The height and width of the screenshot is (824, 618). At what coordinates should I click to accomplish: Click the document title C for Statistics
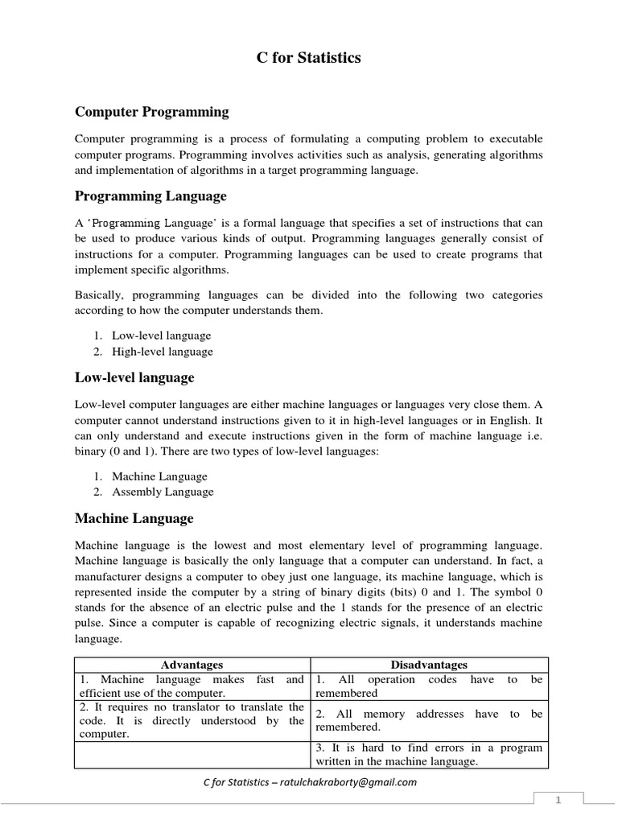(x=309, y=58)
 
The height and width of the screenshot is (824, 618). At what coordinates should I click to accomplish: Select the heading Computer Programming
(x=151, y=112)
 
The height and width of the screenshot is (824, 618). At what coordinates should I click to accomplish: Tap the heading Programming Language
(x=150, y=196)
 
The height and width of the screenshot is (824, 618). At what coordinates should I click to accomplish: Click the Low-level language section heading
(x=134, y=377)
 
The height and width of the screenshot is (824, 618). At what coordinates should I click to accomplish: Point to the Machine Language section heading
(x=134, y=518)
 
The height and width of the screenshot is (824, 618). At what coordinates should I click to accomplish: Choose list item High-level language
(x=163, y=352)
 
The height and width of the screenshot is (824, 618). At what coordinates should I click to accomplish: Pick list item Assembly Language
(x=163, y=492)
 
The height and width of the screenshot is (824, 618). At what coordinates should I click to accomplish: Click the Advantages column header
(x=192, y=665)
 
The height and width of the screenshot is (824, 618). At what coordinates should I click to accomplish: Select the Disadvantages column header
(x=429, y=665)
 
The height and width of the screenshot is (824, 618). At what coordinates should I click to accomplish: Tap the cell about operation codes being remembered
(x=429, y=686)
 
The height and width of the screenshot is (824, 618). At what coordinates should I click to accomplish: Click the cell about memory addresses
(x=429, y=719)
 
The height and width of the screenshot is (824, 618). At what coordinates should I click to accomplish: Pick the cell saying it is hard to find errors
(x=429, y=754)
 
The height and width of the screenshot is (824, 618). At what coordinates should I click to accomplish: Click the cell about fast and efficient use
(x=192, y=686)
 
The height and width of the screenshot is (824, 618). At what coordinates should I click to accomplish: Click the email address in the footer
(x=361, y=782)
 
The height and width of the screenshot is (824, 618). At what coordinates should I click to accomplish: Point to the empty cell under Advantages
(x=192, y=754)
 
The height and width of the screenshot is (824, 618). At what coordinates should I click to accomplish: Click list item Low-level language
(x=161, y=336)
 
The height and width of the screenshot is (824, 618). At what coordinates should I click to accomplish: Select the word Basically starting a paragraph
(x=99, y=295)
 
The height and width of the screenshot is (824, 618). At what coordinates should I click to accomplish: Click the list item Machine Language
(x=159, y=476)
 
